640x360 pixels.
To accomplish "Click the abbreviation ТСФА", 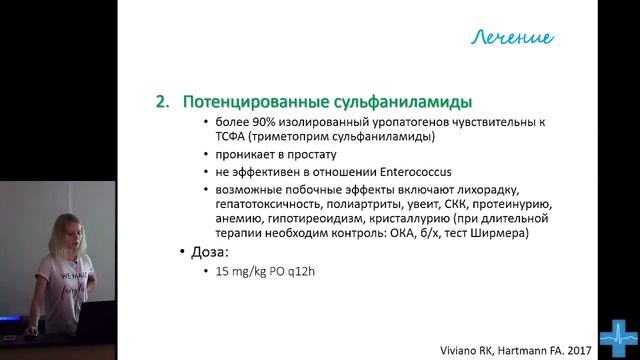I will point(217,138).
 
